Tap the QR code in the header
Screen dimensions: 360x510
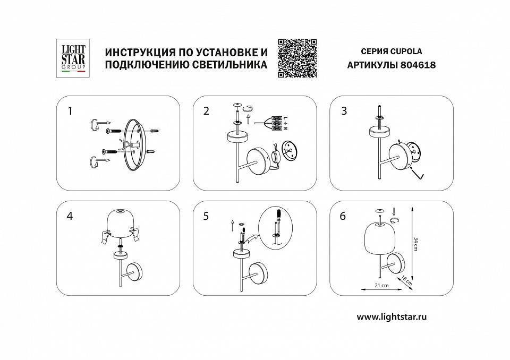[x=297, y=58]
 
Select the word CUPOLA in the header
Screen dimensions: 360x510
[x=406, y=52]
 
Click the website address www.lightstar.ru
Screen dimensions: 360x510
[x=392, y=316]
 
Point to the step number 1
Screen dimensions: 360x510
[x=70, y=111]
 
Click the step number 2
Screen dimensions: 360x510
[x=206, y=111]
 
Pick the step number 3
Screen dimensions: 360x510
[x=344, y=111]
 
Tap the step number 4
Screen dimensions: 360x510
[x=70, y=217]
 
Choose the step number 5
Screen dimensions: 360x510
[x=206, y=217]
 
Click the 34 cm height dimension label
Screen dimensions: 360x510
[x=416, y=244]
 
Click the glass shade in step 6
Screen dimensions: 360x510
[x=378, y=238]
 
